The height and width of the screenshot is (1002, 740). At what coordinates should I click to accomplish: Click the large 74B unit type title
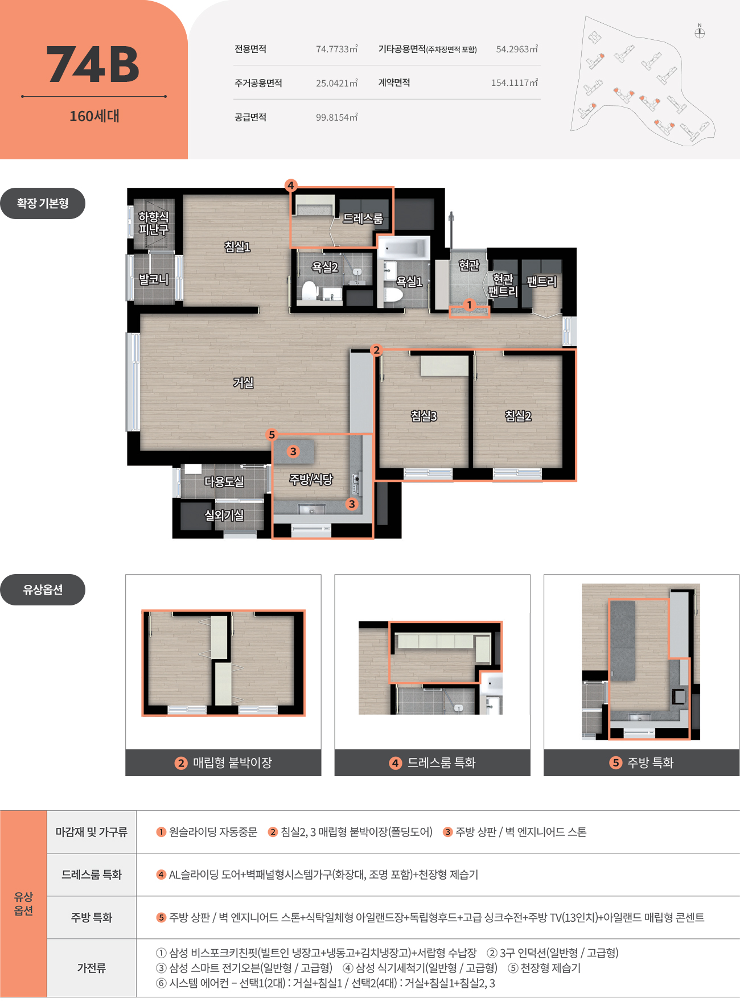[93, 65]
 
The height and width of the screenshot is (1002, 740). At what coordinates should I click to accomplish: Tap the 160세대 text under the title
[94, 116]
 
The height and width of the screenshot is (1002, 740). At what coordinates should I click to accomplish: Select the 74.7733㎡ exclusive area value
[337, 49]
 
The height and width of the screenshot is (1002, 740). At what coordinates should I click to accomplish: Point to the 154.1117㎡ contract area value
[515, 83]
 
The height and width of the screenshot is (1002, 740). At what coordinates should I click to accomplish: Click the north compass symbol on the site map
[700, 32]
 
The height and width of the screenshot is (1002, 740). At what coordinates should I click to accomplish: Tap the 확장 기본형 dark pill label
[43, 203]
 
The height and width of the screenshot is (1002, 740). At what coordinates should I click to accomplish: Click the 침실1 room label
[237, 246]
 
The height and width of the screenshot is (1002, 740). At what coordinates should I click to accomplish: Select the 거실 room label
[243, 383]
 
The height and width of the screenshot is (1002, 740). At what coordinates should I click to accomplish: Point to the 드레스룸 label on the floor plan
[363, 218]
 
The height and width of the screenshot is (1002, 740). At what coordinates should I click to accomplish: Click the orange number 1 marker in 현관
[469, 305]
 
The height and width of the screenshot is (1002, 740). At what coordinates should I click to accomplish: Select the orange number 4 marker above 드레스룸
[291, 185]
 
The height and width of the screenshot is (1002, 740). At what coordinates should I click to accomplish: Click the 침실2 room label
[518, 416]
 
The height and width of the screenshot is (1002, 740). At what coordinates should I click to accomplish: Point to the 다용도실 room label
[224, 481]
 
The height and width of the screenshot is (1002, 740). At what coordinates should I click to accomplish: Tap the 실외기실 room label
[224, 515]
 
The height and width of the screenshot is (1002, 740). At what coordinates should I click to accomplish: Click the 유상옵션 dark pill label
[43, 589]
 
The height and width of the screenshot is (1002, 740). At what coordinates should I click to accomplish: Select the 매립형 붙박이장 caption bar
[223, 762]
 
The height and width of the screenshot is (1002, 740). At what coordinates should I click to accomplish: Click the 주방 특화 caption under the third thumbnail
[642, 762]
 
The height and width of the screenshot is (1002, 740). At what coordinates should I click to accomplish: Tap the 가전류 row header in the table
[92, 968]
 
